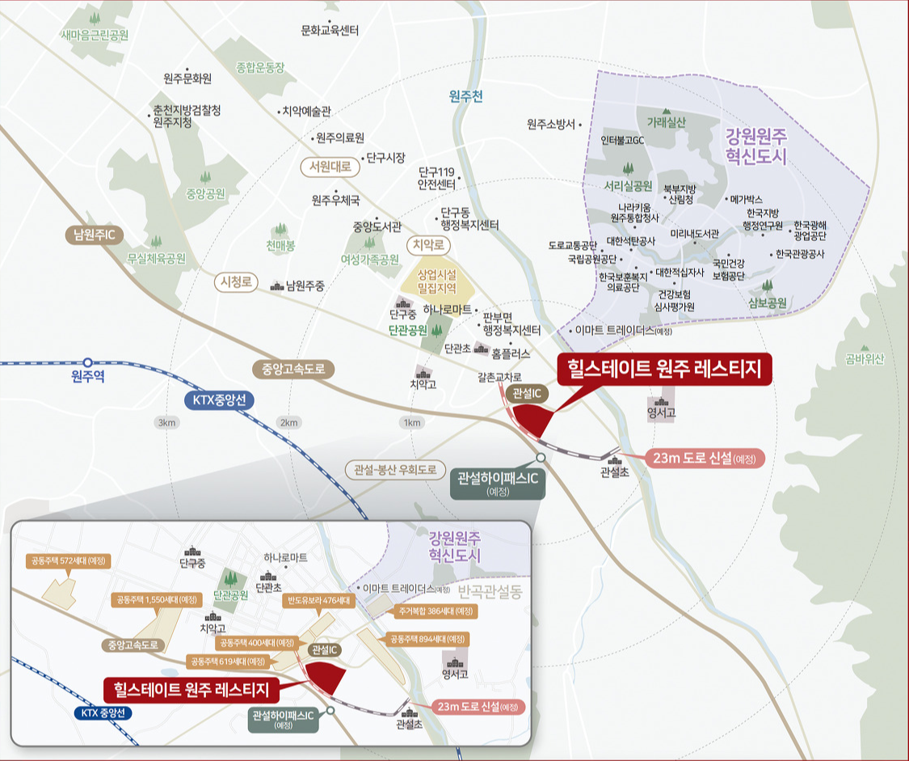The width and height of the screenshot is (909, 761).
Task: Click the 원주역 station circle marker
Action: pyautogui.click(x=87, y=363)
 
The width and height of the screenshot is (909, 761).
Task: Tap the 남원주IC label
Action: pyautogui.click(x=95, y=235)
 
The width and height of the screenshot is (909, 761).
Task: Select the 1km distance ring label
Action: pyautogui.click(x=412, y=423)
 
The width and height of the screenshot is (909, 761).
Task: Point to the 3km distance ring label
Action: pyautogui.click(x=166, y=423)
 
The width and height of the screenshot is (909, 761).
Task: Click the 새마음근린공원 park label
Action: pyautogui.click(x=95, y=36)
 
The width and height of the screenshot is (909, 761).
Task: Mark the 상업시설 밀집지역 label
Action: pyautogui.click(x=436, y=281)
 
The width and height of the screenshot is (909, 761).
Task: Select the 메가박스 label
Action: pyautogui.click(x=746, y=198)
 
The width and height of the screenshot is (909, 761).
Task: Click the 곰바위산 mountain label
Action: pyautogui.click(x=864, y=359)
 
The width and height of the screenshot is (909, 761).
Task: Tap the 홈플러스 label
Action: pyautogui.click(x=511, y=353)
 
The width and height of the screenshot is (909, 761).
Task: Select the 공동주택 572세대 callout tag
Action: pyautogui.click(x=68, y=560)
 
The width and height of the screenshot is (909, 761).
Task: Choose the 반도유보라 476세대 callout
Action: pyautogui.click(x=316, y=601)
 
